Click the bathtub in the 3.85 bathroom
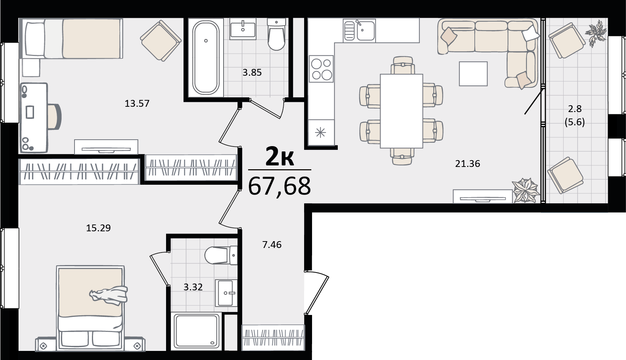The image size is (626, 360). click(206, 58)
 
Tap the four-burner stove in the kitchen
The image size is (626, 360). click(322, 69)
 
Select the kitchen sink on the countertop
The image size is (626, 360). click(359, 30)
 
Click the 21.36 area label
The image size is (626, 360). click(468, 164)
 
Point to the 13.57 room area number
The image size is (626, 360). click(137, 103)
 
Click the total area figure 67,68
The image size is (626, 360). click(280, 186)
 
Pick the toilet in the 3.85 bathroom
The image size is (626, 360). click(276, 34)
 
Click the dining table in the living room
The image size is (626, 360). click(401, 111)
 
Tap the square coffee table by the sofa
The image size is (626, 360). click(473, 74)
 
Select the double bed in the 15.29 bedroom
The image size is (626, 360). click(90, 308)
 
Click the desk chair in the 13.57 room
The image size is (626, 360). click(54, 116)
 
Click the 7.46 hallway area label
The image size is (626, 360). click(272, 245)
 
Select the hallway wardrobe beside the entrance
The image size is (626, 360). click(273, 337)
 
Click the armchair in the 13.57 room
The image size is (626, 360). click(161, 41)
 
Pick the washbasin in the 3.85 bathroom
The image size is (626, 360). click(243, 29)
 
